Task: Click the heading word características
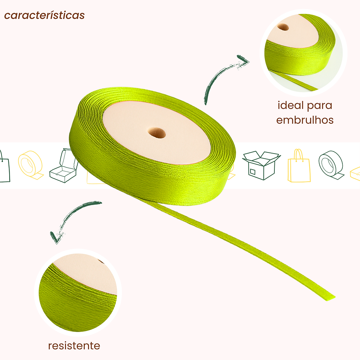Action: [44, 15]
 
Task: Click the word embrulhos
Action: [305, 120]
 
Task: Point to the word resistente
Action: [74, 346]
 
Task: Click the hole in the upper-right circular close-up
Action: [283, 28]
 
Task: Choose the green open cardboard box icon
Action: [261, 165]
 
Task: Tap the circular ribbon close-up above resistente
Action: [78, 292]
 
